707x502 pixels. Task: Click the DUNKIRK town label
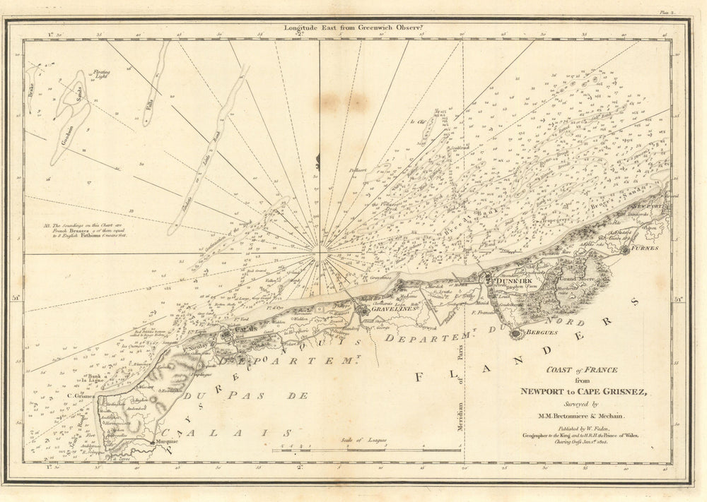click(x=503, y=280)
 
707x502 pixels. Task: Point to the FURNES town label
click(x=644, y=249)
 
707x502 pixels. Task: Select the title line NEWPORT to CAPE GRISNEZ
click(x=580, y=393)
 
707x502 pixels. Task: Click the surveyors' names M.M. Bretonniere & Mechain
click(x=580, y=416)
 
